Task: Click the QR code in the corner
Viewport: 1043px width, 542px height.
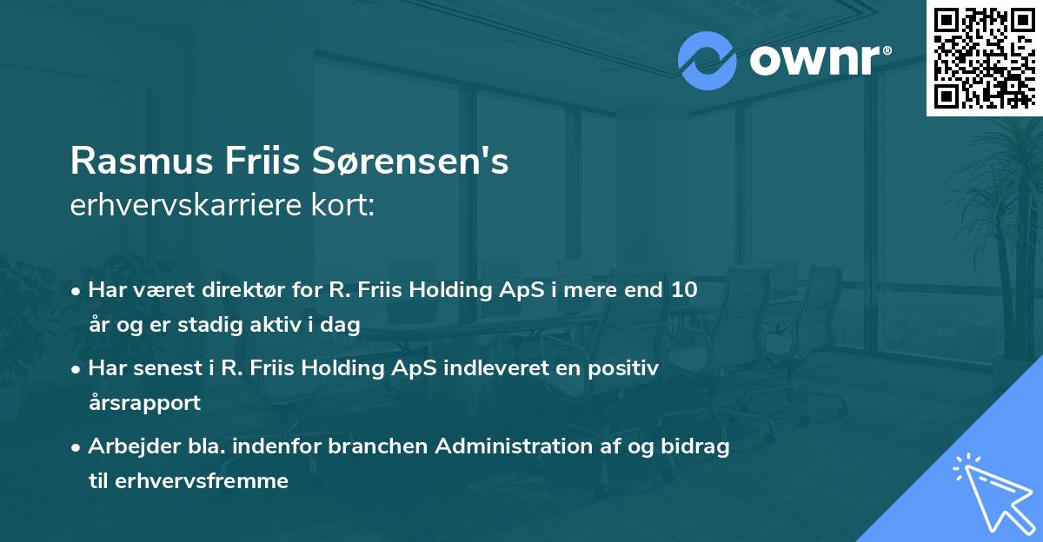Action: [985, 57]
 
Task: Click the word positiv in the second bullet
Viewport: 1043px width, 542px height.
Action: [626, 368]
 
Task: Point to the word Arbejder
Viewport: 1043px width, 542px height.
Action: [124, 446]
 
